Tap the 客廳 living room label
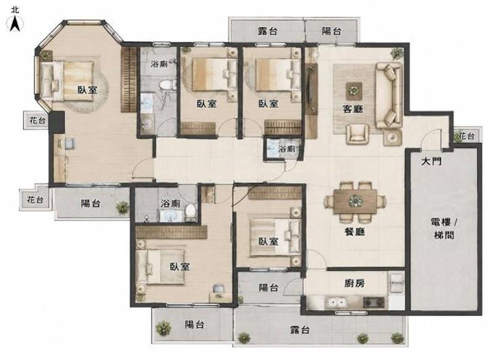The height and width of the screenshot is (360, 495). point(353,109)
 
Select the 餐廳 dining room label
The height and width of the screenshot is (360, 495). point(355,232)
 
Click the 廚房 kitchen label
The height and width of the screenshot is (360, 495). point(355,283)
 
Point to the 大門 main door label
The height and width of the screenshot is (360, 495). point(431,161)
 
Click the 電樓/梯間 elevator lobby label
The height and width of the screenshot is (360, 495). point(444,228)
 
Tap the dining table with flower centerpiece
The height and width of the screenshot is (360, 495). point(356,200)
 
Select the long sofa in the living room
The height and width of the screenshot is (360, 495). point(389,95)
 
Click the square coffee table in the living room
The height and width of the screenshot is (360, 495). point(354,91)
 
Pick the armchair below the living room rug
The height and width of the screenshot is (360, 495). point(358,134)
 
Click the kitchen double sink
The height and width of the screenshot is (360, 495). point(337,303)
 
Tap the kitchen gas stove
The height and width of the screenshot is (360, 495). point(374,302)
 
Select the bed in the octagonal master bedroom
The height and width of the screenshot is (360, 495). point(67,80)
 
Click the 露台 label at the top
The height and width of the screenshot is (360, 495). point(268,31)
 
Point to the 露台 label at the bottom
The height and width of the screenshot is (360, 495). point(300,330)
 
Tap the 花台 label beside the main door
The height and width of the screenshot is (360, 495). point(467,136)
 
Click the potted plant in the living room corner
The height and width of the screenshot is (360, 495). point(397,53)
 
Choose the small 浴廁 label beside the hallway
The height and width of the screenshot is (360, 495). point(286,148)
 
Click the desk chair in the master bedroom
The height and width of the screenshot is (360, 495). point(70,144)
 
